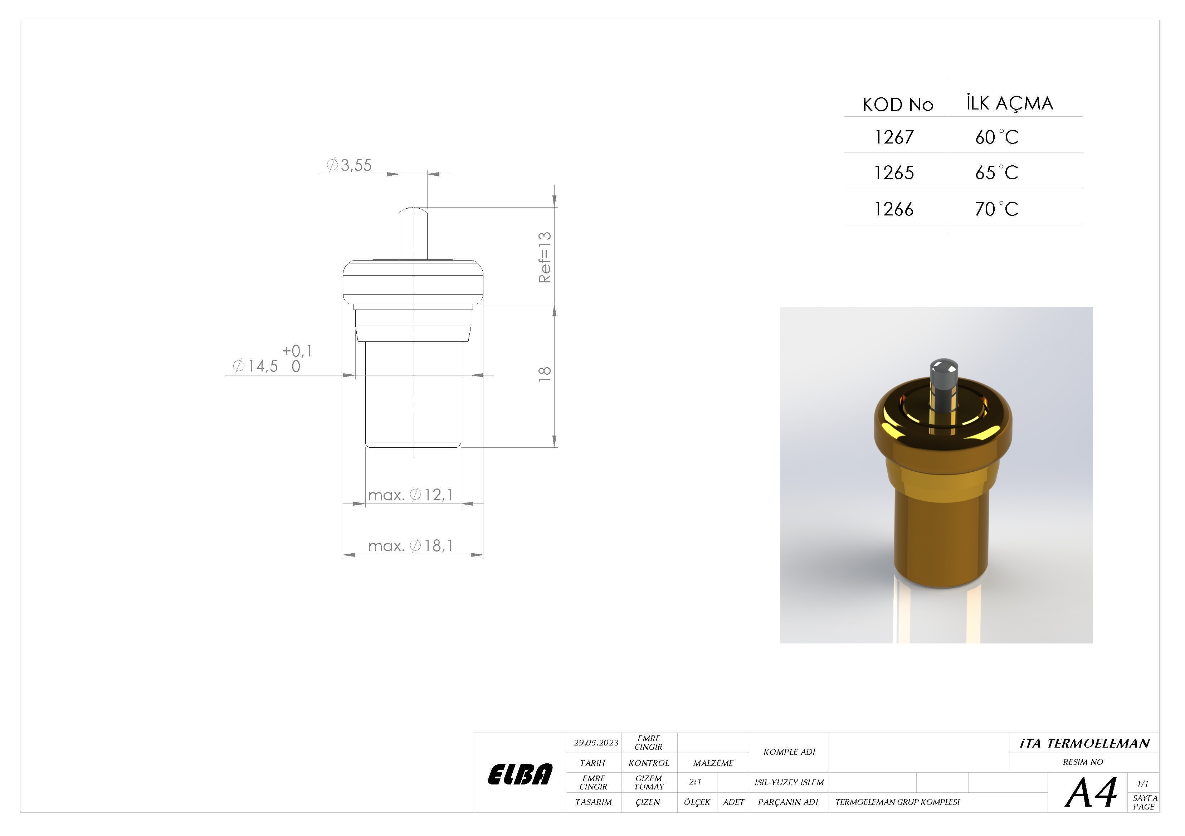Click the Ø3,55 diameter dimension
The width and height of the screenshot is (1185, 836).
coord(349,165)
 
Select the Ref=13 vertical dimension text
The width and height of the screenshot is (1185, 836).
coord(545,257)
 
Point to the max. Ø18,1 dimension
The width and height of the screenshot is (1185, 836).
coord(410,546)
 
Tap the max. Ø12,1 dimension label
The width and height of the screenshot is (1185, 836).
coord(410,495)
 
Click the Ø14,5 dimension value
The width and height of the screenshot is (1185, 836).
coord(255,366)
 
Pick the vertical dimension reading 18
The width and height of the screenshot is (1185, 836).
coord(545,374)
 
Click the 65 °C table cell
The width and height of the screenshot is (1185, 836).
coord(996,172)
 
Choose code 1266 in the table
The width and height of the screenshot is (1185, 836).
coord(894,209)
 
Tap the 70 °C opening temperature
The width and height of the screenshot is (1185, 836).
coord(996,209)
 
